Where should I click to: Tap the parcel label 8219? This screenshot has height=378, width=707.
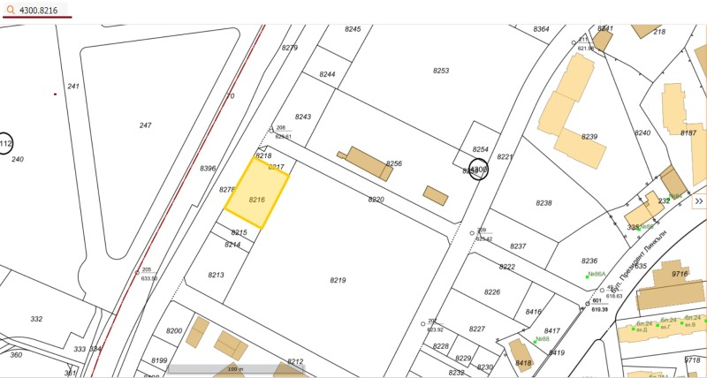(x=338, y=280)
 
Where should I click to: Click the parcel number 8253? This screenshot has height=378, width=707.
(x=441, y=71)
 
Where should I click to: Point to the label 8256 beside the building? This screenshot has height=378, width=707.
(x=394, y=163)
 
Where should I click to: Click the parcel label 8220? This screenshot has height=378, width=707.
(x=376, y=200)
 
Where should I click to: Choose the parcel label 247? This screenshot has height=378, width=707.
(x=145, y=125)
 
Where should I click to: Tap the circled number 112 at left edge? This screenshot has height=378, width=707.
(x=5, y=144)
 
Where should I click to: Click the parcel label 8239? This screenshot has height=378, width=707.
(x=589, y=137)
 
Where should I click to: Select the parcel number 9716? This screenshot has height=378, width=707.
(x=680, y=274)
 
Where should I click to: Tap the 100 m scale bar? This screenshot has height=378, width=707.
(x=235, y=368)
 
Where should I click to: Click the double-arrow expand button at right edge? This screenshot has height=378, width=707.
(x=698, y=201)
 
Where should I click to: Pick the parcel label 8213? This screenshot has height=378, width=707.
(x=217, y=275)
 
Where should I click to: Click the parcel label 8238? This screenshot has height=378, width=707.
(x=544, y=203)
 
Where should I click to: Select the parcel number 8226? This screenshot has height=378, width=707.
(x=492, y=292)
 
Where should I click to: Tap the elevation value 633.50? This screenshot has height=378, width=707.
(x=148, y=278)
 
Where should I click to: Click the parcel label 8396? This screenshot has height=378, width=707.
(x=208, y=169)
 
